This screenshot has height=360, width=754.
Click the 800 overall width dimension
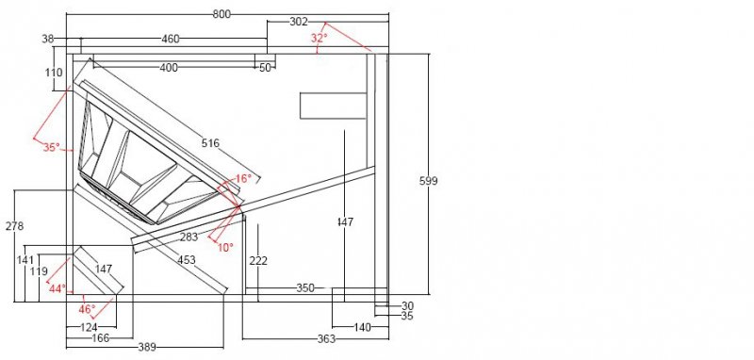tap(221, 14)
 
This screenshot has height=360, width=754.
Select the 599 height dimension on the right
tap(429, 181)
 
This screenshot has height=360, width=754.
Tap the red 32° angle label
tap(319, 38)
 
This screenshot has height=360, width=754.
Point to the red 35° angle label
tap(52, 147)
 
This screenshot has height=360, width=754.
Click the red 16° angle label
tap(243, 179)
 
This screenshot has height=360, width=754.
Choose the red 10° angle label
tap(225, 248)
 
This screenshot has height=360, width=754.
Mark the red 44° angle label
tap(57, 289)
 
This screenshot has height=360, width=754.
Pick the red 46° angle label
tap(87, 309)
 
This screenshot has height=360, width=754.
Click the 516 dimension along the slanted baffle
tap(210, 142)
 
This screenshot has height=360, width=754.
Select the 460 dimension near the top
tap(171, 39)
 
